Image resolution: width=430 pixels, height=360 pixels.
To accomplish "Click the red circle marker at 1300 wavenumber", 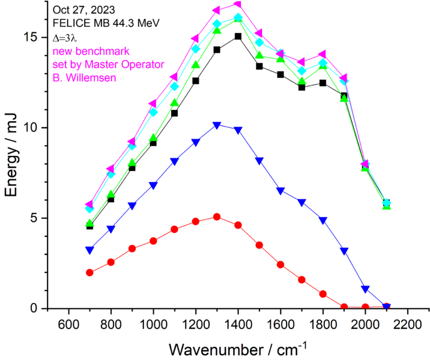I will tap(217, 217).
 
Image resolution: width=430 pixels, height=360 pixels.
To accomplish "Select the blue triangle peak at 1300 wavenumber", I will tap(217, 125).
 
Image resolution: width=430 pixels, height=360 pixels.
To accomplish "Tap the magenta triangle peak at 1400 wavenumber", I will tap(238, 4).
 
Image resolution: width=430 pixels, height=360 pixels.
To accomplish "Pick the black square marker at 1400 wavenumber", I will tap(238, 37).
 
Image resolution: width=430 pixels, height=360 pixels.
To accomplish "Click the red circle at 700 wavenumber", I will tap(89, 272).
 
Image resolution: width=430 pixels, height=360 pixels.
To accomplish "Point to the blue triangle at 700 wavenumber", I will tap(89, 250).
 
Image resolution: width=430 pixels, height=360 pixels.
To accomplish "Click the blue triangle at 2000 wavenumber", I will tap(365, 289).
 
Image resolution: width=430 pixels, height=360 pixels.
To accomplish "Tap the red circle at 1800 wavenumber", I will tap(322, 294).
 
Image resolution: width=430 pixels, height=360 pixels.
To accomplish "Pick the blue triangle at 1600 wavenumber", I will tap(280, 191).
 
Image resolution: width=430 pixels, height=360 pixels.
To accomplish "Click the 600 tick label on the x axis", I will tap(68, 322).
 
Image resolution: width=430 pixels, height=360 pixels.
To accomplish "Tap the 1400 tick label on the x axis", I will tap(238, 322).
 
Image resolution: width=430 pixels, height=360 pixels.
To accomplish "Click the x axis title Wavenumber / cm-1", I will tap(238, 347).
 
